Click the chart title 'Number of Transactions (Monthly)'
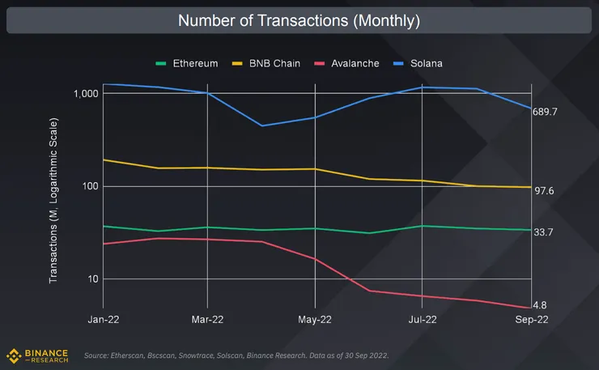click(x=299, y=19)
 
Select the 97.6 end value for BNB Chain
click(x=543, y=191)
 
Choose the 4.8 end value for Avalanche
click(x=540, y=306)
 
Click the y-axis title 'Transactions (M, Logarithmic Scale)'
click(x=54, y=198)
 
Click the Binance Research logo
click(x=37, y=355)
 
